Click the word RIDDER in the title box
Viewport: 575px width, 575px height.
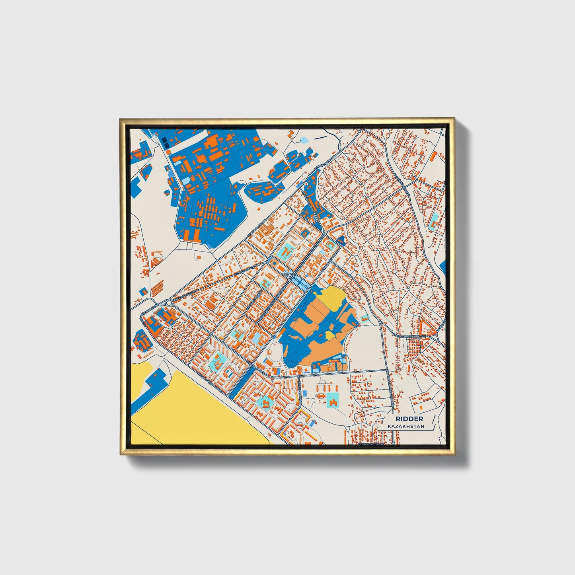point(409,419)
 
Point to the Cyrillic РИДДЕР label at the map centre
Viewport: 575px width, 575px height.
point(289,274)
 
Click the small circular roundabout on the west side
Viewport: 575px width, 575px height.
point(169,303)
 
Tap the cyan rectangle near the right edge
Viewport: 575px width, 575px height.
point(435,218)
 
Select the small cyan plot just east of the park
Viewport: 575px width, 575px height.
point(365,317)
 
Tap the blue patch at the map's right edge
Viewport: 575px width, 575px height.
point(443,266)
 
